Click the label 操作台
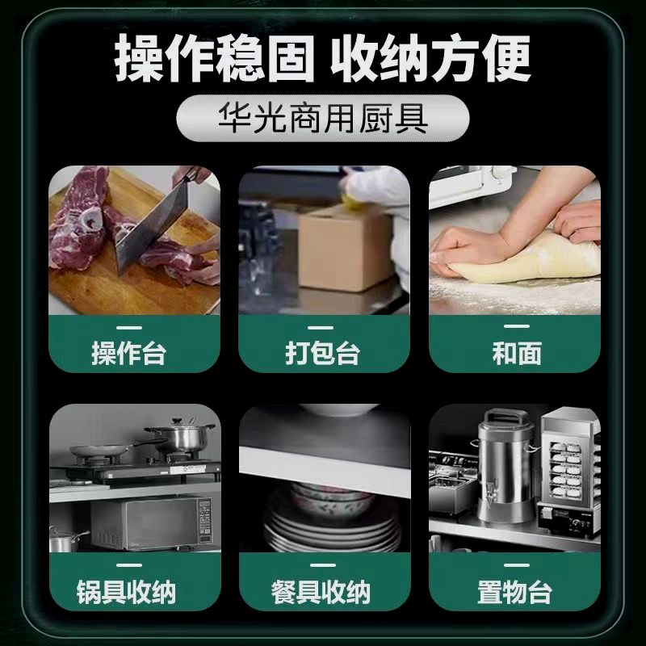coord(133,354)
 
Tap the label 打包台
coord(323,354)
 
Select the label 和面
coord(515,354)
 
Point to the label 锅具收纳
coord(133,593)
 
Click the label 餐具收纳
coord(323,593)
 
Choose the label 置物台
coord(515,593)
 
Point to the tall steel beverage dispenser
coord(505,464)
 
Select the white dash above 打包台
coord(323,327)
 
